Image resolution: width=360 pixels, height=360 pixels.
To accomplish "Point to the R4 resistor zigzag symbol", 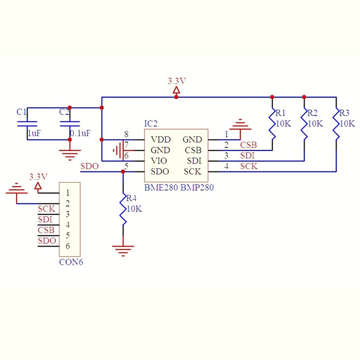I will click(x=123, y=209).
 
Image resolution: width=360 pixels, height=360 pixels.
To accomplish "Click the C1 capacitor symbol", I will click(x=27, y=123).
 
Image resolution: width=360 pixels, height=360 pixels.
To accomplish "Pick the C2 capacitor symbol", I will click(x=70, y=123).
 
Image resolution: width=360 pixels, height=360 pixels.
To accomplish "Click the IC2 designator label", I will click(x=151, y=123).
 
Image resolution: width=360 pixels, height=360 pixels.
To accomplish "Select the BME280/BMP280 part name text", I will click(x=179, y=187).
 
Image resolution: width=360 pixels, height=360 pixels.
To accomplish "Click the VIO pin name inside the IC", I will click(x=159, y=161).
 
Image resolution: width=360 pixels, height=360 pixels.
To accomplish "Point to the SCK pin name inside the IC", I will click(x=192, y=171).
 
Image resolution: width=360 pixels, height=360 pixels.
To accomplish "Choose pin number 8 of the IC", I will click(x=126, y=134).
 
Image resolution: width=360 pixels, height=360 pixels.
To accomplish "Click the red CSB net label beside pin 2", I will click(x=248, y=145).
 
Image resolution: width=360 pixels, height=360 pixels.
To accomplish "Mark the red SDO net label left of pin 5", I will click(x=89, y=166).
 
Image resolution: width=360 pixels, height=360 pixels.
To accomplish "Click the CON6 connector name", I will click(x=71, y=261).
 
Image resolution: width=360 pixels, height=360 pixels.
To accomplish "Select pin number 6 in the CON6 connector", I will click(x=67, y=246).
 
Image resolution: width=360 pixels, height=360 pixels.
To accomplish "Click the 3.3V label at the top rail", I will click(x=177, y=81).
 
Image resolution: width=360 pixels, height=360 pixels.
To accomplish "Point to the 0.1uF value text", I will click(x=80, y=133).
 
